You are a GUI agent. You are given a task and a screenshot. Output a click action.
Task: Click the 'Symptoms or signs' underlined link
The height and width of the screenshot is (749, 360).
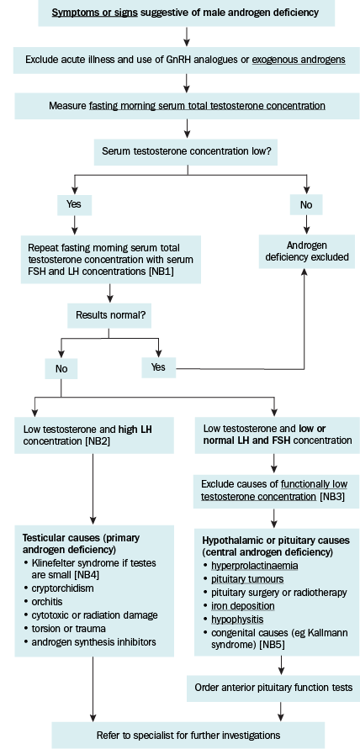[x=95, y=13]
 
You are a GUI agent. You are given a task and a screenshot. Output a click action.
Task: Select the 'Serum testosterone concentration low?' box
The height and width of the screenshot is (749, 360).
[x=187, y=151]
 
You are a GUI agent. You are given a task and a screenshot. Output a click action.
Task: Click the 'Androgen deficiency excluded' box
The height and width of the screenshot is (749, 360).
[x=307, y=251]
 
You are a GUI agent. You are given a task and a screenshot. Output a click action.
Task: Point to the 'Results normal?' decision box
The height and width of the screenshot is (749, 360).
[x=109, y=315]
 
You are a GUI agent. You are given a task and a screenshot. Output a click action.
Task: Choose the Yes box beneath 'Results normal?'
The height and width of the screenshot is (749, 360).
[x=158, y=367]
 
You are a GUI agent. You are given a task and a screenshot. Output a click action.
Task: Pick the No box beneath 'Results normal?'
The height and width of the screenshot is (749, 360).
[x=61, y=368]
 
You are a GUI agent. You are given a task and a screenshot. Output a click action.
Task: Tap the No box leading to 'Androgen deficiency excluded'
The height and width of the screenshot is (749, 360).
[x=306, y=205]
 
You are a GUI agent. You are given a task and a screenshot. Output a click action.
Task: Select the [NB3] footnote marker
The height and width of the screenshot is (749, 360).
[x=331, y=496]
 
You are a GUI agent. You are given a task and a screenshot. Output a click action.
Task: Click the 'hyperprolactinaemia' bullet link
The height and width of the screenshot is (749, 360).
[x=255, y=566]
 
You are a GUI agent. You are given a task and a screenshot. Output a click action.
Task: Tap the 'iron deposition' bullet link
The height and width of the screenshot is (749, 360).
[x=243, y=606]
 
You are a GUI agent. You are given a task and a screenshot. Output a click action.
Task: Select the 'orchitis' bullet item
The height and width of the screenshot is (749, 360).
[x=46, y=601]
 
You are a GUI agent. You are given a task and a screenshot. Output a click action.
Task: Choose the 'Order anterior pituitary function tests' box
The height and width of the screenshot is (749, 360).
[x=274, y=688]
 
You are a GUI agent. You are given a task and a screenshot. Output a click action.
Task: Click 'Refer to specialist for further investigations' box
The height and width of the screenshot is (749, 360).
[x=188, y=734]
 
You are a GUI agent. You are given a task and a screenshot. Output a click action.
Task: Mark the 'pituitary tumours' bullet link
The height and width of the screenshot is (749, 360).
[x=247, y=579]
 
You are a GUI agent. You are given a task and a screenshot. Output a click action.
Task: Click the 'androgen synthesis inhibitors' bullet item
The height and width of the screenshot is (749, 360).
[x=93, y=641]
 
